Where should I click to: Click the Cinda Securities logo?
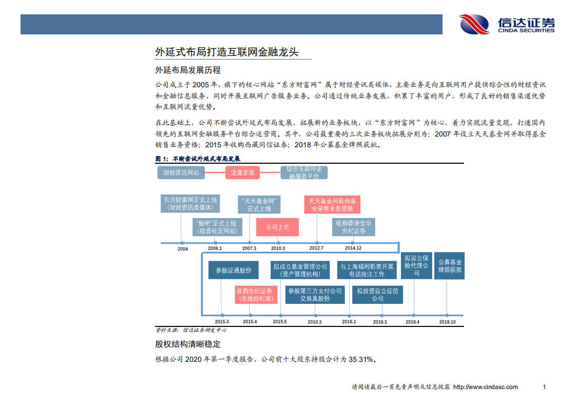[507, 24]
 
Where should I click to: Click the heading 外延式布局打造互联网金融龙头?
[226, 52]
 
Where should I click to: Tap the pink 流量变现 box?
[242, 172]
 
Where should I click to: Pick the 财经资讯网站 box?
[181, 172]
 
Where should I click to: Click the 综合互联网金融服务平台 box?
[304, 172]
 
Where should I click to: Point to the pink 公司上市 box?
[277, 227]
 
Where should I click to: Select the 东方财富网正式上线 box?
[190, 204]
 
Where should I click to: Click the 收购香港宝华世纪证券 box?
[354, 227]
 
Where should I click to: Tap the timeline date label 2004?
[183, 249]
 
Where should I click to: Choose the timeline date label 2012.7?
[316, 248]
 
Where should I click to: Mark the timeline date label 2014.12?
[353, 248]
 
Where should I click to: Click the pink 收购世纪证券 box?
[254, 294]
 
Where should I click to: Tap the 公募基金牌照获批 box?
[449, 266]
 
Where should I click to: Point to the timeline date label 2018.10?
[447, 322]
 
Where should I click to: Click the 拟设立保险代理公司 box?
[416, 266]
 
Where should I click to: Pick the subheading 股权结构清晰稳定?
[188, 344]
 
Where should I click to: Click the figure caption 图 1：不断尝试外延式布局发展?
[198, 159]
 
